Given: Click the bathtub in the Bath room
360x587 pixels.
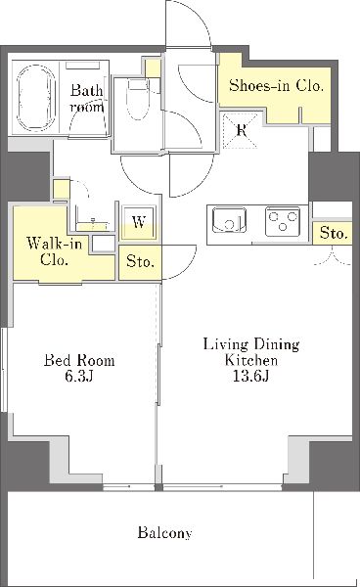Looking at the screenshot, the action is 36,99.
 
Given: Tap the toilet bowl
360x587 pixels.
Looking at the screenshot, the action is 138,99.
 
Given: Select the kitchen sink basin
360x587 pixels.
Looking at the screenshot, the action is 229,220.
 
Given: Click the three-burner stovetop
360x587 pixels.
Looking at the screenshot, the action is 283,221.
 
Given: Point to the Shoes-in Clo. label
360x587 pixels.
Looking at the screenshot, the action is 276,86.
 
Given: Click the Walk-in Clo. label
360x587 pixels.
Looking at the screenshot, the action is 54,251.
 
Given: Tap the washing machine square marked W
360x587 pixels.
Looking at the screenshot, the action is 139,222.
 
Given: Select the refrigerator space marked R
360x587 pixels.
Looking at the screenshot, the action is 241,131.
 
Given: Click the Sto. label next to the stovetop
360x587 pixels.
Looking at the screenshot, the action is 333,234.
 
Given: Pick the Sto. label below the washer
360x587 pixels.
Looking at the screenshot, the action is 140,261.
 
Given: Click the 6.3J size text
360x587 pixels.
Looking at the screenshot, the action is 79,377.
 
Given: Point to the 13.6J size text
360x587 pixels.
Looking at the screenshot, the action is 250,376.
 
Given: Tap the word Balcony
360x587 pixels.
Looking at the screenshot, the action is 165,532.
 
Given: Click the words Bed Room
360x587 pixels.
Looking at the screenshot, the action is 79,360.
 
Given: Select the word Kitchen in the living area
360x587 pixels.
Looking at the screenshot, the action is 251,360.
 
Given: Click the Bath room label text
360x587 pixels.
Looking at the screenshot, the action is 87,99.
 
